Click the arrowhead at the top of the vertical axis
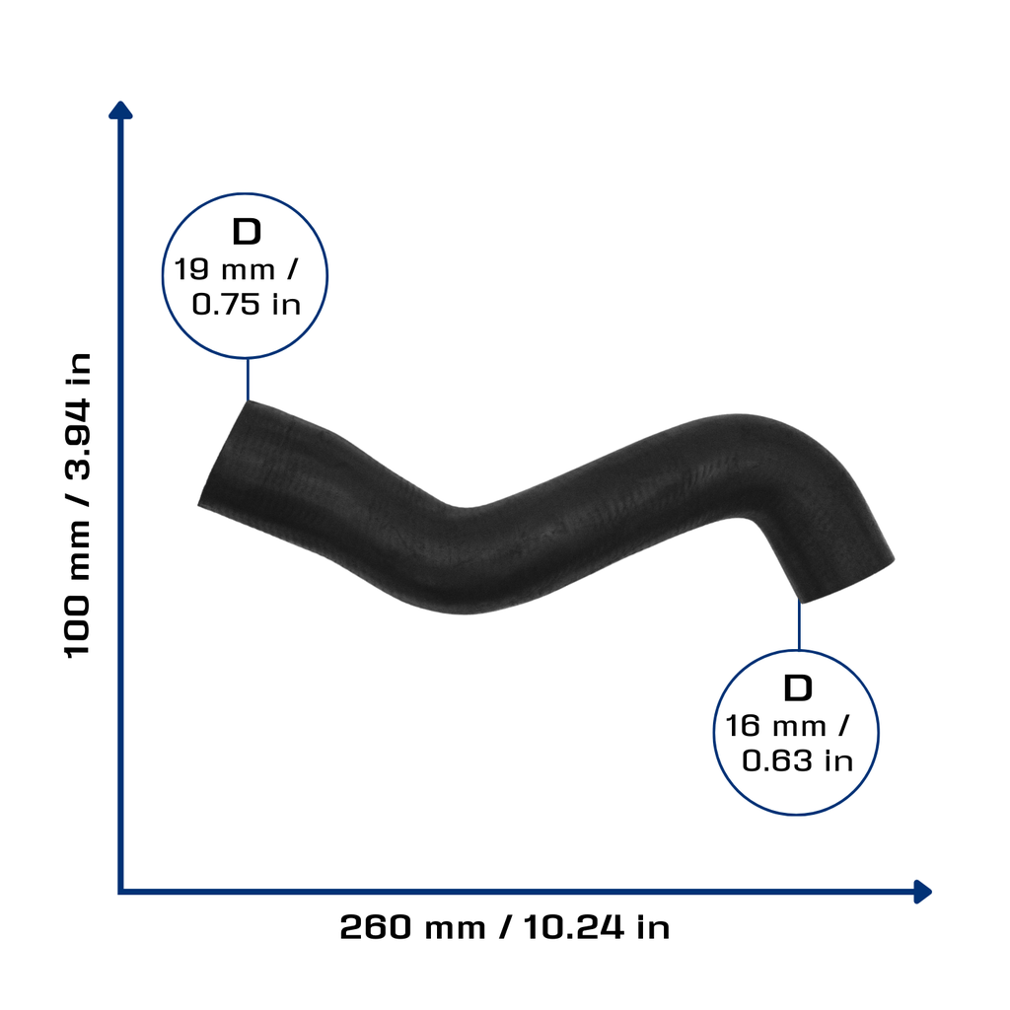(120, 110)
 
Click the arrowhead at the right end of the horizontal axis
(922, 892)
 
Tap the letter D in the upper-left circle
(247, 232)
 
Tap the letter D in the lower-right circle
(798, 688)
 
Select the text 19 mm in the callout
(225, 269)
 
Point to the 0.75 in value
(247, 304)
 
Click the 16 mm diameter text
(776, 726)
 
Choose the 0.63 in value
(798, 760)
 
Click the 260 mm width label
(413, 927)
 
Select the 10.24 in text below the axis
(597, 927)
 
